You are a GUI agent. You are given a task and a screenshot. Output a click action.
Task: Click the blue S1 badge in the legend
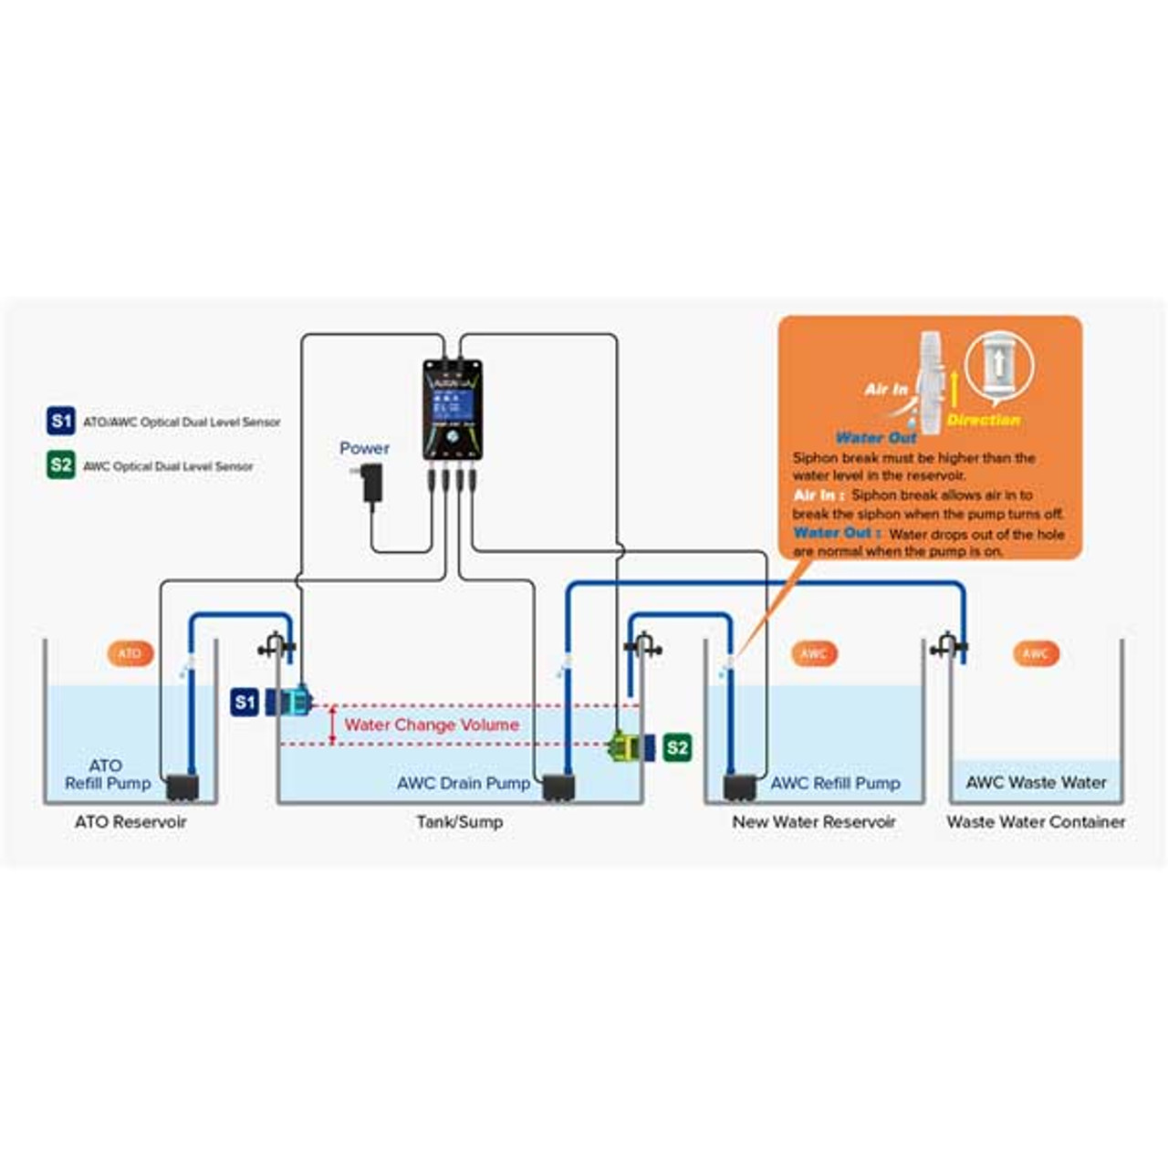60,422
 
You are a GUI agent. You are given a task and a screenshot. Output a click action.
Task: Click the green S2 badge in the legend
60,465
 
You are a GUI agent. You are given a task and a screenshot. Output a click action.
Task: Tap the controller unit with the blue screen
453,408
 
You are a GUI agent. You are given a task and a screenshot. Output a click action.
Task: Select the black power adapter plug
371,484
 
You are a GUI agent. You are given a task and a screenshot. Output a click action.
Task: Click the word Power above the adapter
364,448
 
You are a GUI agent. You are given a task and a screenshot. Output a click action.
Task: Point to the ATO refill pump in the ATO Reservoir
182,787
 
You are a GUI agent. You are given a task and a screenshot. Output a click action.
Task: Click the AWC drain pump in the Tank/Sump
558,787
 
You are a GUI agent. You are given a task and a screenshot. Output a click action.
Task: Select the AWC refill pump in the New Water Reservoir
739,787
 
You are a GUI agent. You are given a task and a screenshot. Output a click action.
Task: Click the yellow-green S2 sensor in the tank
627,746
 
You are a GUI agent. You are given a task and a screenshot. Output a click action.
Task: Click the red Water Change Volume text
432,725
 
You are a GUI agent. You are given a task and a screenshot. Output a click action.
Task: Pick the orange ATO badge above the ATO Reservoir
130,653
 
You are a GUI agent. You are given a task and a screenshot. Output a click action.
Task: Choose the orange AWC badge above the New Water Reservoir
813,653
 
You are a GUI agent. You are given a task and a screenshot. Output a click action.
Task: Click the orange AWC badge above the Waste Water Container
1036,653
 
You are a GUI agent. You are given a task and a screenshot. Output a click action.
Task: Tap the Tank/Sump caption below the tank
459,821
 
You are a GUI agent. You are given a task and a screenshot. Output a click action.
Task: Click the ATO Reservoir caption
130,821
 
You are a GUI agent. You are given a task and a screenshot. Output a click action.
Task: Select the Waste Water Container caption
1036,821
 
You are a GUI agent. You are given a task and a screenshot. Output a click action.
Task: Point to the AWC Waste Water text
1036,782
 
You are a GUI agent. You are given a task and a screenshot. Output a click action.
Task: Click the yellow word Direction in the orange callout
983,420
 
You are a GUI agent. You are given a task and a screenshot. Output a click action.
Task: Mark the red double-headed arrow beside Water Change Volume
332,725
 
